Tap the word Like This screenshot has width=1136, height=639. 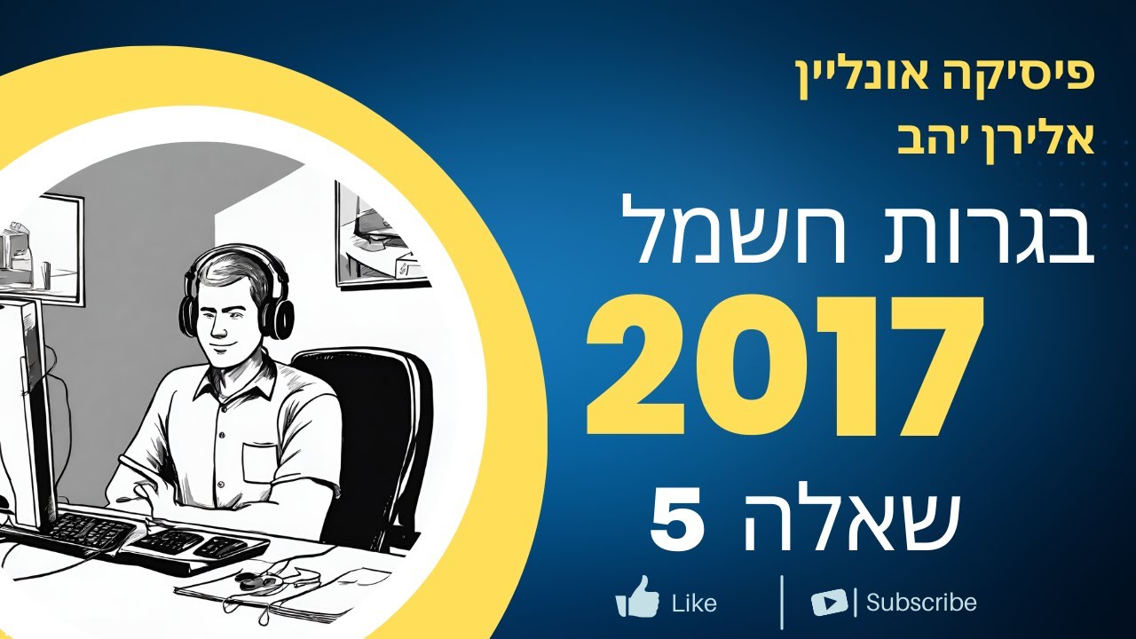tap(694, 603)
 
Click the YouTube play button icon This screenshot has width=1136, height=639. tap(830, 603)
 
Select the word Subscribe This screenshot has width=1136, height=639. tap(921, 603)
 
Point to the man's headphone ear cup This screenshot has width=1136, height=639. tap(281, 315)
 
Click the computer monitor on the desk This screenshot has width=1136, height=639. tap(25, 408)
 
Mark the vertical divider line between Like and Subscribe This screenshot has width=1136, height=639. tap(782, 602)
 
